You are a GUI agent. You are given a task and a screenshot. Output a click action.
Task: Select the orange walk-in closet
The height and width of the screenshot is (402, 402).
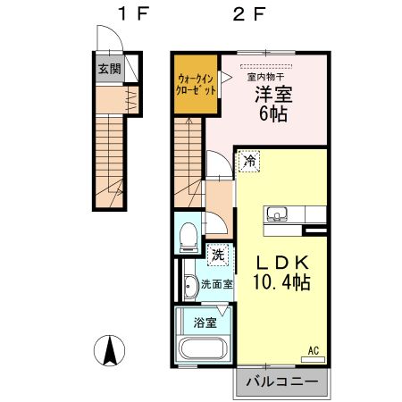click(196, 86)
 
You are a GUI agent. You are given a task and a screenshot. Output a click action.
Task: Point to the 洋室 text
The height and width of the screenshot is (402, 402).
click(271, 94)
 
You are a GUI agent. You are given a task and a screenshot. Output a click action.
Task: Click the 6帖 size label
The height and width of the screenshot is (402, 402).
click(271, 113)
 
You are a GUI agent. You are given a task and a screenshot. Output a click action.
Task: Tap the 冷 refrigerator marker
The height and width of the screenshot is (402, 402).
click(249, 162)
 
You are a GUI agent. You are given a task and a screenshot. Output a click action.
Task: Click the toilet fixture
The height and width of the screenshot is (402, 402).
click(187, 237)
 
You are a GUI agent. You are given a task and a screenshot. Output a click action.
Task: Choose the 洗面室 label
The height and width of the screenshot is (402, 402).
click(216, 285)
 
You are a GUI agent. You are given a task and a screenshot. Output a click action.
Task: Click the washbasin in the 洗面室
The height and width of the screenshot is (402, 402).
click(190, 287)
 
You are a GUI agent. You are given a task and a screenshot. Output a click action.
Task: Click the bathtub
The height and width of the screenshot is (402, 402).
click(203, 350)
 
